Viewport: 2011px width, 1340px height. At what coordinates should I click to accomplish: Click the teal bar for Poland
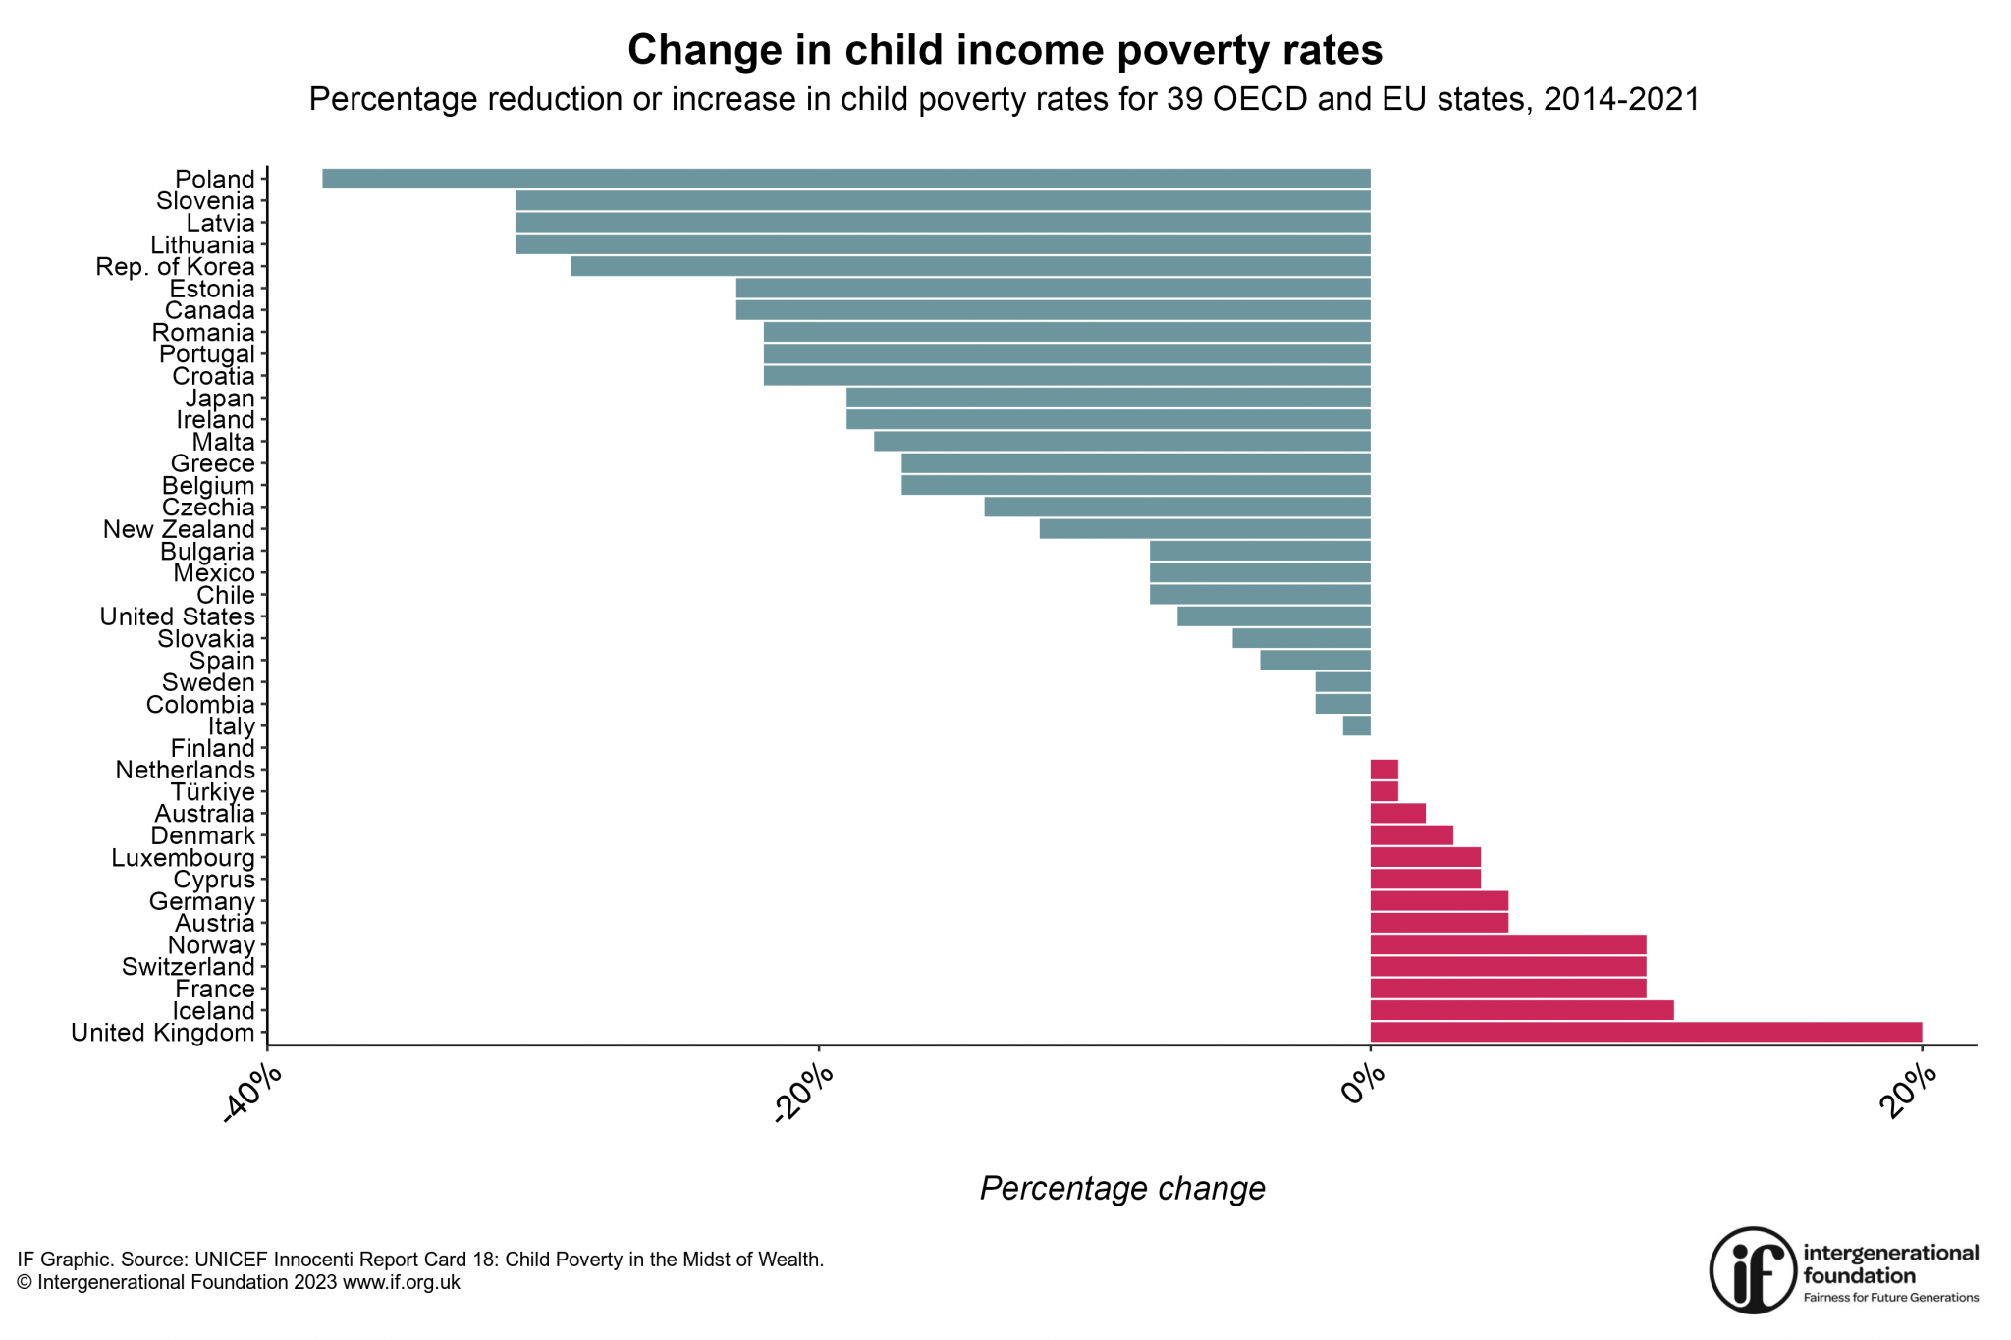pyautogui.click(x=844, y=179)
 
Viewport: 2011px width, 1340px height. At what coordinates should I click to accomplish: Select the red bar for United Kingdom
pyautogui.click(x=1645, y=1033)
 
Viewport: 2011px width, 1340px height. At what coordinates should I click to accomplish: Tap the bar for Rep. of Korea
pyautogui.click(x=969, y=266)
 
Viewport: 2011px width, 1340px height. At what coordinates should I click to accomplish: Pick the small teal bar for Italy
pyautogui.click(x=1356, y=726)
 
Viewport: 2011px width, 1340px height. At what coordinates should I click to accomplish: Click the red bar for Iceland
pyautogui.click(x=1521, y=1010)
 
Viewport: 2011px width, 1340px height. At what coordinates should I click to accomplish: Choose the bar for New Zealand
pyautogui.click(x=1204, y=529)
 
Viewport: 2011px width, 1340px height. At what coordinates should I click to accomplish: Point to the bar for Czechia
pyautogui.click(x=1176, y=508)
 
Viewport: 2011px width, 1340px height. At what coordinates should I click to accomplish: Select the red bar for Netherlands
pyautogui.click(x=1384, y=770)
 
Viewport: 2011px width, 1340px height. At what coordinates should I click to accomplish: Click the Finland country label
pyautogui.click(x=212, y=748)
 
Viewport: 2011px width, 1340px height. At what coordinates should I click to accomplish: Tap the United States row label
pyautogui.click(x=177, y=616)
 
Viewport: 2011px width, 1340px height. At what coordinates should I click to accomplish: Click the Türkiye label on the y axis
pyautogui.click(x=212, y=792)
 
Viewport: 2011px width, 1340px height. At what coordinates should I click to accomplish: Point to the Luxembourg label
pyautogui.click(x=183, y=858)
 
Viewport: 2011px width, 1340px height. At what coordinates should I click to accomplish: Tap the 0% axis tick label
pyautogui.click(x=1363, y=1086)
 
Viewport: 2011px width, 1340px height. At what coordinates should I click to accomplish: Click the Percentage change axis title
pyautogui.click(x=1121, y=1189)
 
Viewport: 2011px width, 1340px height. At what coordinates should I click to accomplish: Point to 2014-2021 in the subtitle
pyautogui.click(x=1621, y=99)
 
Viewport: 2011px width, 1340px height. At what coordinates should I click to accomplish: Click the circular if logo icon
pyautogui.click(x=1753, y=1269)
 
